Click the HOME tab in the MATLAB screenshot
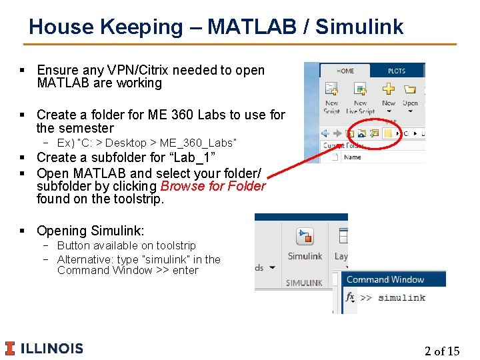pyautogui.click(x=345, y=71)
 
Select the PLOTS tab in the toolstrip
pyautogui.click(x=396, y=71)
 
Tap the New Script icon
pyautogui.click(x=331, y=89)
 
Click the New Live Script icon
pyautogui.click(x=360, y=89)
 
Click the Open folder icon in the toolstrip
pyautogui.click(x=410, y=89)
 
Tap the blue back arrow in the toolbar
pyautogui.click(x=327, y=133)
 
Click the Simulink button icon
pyautogui.click(x=305, y=237)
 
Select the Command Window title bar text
pyautogui.click(x=385, y=279)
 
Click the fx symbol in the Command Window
pyautogui.click(x=351, y=297)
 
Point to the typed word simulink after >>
pyautogui.click(x=401, y=297)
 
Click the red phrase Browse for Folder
pyautogui.click(x=213, y=186)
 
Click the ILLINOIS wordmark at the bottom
pyautogui.click(x=52, y=348)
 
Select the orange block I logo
pyautogui.click(x=9, y=348)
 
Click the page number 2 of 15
pyautogui.click(x=442, y=351)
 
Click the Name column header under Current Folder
pyautogui.click(x=353, y=157)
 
